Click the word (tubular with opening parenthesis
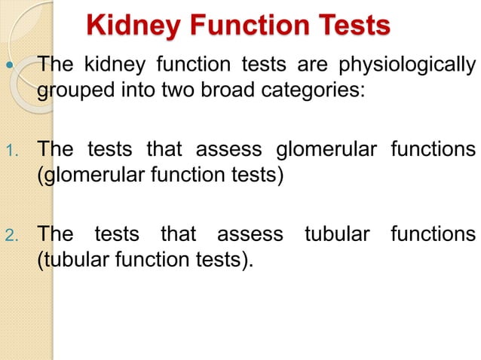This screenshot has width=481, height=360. click(68, 261)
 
